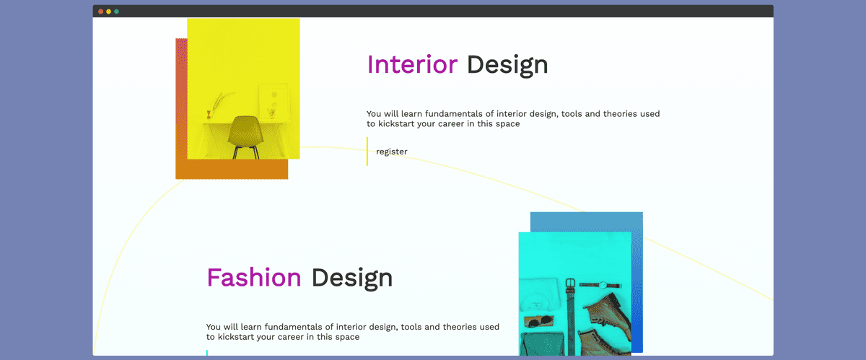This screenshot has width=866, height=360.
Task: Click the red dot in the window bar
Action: point(100,12)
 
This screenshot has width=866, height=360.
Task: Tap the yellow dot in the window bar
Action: point(109,12)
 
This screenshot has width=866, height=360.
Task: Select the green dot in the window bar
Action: point(116,12)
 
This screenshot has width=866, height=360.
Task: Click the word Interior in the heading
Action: point(412,64)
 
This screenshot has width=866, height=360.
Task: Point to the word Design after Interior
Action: point(507,66)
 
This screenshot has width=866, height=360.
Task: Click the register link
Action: point(392,152)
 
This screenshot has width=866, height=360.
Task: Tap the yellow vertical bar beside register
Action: point(367,152)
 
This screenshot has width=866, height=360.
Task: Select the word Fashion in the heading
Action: point(254,278)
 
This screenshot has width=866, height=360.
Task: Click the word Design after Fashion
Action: point(352,278)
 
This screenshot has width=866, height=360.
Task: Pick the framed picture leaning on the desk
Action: point(274,100)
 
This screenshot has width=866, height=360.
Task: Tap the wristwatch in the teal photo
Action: point(600,286)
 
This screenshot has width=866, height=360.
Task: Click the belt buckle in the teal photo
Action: point(570,284)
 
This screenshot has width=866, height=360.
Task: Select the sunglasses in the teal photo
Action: point(539,321)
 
